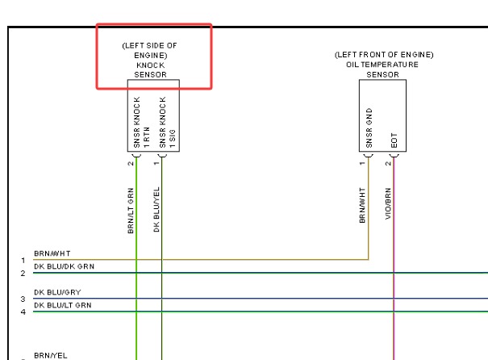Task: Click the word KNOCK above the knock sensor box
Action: pos(150,65)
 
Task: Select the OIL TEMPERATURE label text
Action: pos(382,65)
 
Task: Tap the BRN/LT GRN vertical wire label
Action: pos(131,211)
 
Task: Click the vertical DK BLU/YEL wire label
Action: pos(156,209)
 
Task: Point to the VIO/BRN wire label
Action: pos(388,203)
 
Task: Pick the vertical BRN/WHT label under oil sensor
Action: pos(362,205)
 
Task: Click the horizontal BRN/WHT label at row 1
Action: pos(52,253)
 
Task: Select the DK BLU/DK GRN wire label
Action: pos(64,266)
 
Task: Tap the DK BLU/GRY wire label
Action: pos(57,292)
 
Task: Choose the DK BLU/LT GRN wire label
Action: pos(63,305)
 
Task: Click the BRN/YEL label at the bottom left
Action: pos(51,355)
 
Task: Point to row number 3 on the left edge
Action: pos(23,299)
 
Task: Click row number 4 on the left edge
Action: pos(23,312)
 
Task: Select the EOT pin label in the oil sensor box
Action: pos(394,140)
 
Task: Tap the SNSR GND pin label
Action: pos(369,128)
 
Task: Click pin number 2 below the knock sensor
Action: pos(131,164)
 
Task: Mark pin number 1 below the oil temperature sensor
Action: pos(362,164)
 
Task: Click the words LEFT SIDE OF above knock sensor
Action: pos(150,46)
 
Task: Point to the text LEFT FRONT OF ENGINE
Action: pos(384,55)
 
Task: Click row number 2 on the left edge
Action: pos(23,274)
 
